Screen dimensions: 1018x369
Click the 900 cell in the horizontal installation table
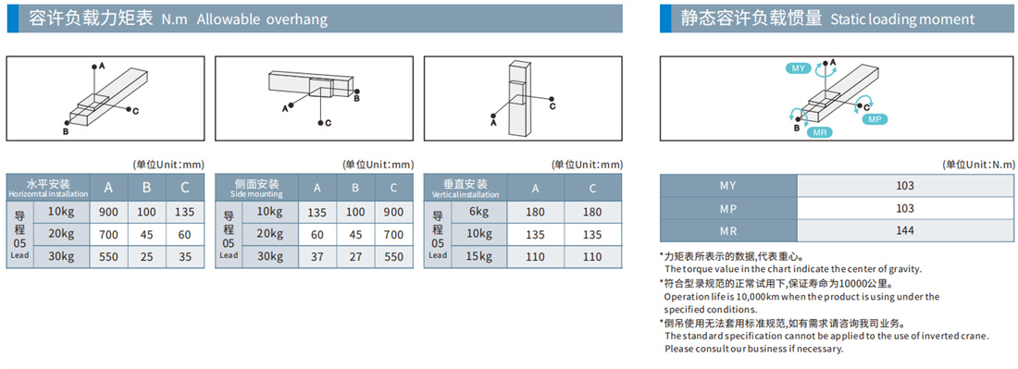(x=109, y=212)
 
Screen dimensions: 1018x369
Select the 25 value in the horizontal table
(x=147, y=256)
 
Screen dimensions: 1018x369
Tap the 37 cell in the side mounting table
(x=317, y=256)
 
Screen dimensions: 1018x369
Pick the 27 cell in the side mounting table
(x=355, y=256)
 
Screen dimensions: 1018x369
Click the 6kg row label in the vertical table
(x=479, y=212)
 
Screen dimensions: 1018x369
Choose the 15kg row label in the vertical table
(x=479, y=256)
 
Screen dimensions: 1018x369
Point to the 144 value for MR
(x=904, y=230)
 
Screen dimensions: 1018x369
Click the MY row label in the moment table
(x=728, y=186)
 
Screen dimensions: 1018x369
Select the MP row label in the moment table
(x=728, y=208)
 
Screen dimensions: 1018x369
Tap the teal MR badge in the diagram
(x=819, y=131)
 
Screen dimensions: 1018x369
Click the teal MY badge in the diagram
(x=797, y=68)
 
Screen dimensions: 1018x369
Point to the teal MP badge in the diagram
(x=875, y=119)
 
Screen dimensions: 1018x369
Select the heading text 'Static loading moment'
(x=902, y=19)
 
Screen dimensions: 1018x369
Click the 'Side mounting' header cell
(x=256, y=188)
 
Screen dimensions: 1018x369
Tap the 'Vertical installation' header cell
(x=466, y=188)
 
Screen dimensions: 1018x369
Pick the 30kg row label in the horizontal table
(x=61, y=256)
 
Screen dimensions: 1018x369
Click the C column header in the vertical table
(x=592, y=188)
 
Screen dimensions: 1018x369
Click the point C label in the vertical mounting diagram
(x=552, y=106)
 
